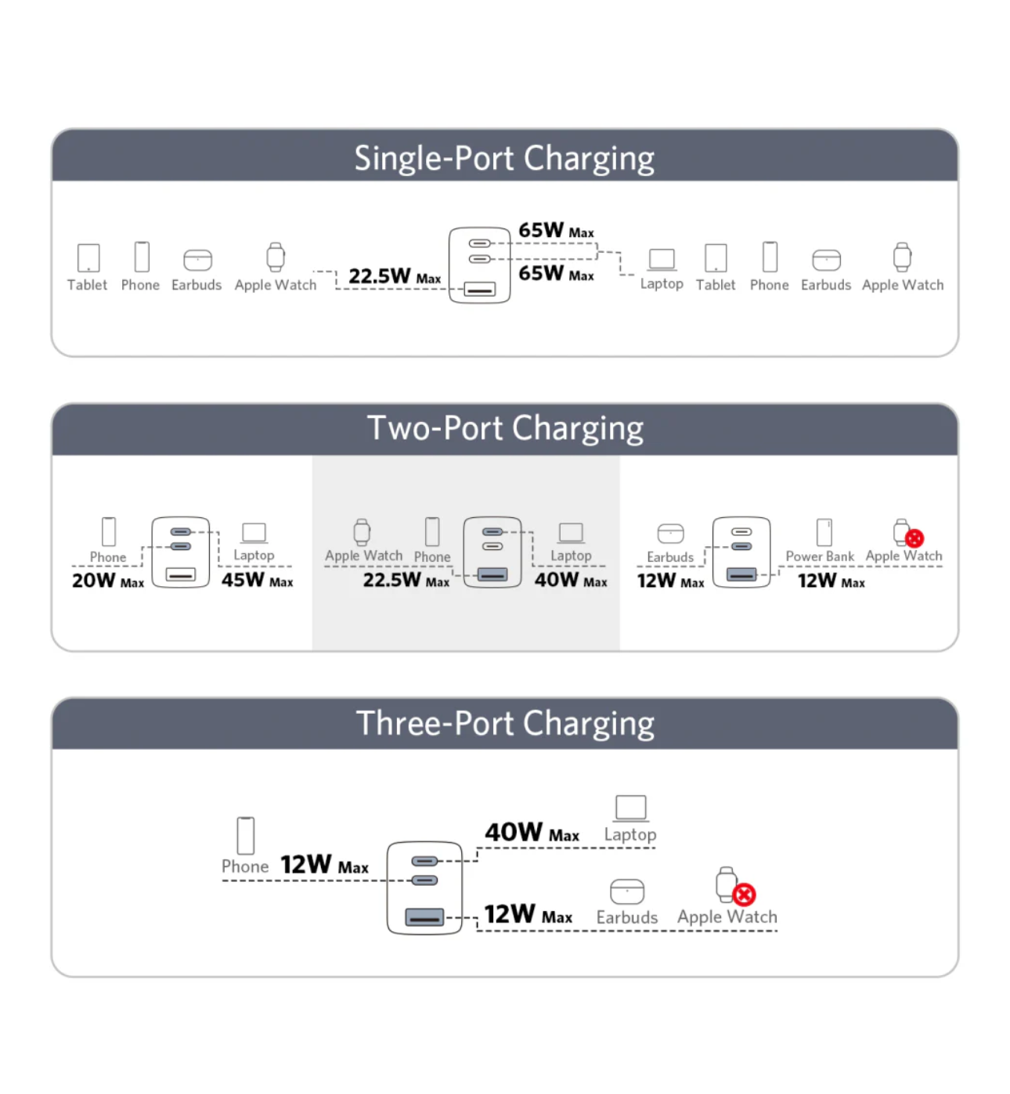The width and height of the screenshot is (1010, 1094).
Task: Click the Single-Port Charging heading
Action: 504,158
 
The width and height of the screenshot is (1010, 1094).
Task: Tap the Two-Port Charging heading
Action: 505,429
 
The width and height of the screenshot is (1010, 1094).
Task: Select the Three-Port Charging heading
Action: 505,724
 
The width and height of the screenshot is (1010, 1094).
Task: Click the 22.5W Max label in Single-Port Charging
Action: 394,276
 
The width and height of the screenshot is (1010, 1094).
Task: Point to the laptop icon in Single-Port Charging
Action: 662,259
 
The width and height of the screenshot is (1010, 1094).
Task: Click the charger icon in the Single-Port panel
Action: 479,265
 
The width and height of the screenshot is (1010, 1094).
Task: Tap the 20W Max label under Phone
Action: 107,581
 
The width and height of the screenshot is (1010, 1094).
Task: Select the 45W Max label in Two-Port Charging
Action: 257,581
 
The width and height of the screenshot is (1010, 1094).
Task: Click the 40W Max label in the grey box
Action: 570,581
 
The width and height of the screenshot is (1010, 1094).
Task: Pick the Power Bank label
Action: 820,556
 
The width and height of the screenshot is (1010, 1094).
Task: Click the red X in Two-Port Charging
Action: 914,538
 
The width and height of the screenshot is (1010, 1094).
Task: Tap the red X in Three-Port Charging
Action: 744,894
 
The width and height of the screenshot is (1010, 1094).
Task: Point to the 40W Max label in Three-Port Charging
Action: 532,832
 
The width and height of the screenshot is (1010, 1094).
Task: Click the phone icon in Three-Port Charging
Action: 246,836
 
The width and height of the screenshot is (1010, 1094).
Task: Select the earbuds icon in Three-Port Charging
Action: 627,891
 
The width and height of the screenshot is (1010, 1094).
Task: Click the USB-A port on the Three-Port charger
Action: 424,916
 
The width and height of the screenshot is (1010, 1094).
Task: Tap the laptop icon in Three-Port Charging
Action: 630,808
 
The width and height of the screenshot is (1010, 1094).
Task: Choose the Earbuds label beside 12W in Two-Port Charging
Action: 670,557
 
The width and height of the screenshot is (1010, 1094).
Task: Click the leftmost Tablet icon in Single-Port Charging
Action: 88,257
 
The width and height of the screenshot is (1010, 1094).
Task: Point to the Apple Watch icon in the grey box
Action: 362,532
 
